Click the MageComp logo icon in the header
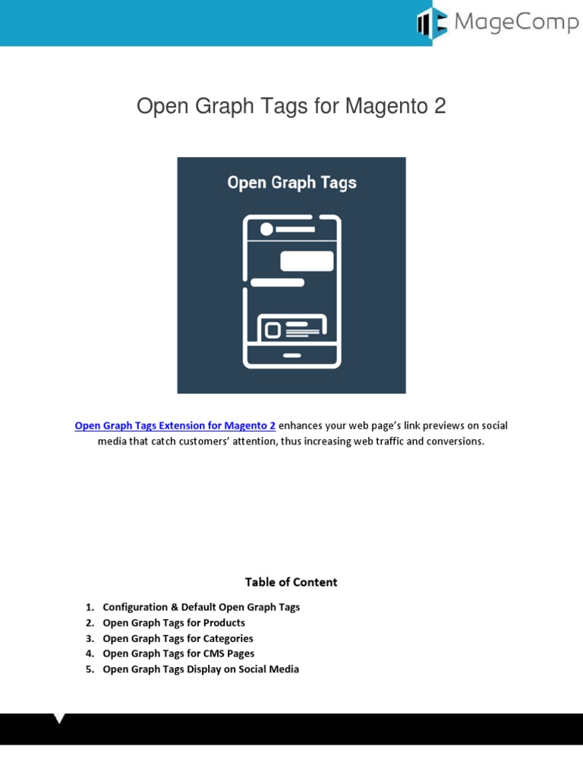(432, 23)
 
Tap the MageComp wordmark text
(516, 23)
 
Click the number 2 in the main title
(440, 107)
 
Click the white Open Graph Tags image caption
(291, 182)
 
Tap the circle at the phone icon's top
(266, 229)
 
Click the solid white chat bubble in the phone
(307, 261)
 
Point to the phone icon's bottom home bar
(291, 355)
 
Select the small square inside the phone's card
(273, 330)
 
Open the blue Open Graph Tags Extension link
(175, 425)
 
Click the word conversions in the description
(455, 441)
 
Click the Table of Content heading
(291, 582)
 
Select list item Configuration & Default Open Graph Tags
(201, 607)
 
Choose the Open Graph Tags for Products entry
(174, 623)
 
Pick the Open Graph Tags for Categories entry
(178, 638)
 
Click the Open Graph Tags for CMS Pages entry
(178, 653)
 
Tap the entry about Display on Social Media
(200, 669)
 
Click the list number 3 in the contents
(89, 638)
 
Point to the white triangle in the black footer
(59, 719)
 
